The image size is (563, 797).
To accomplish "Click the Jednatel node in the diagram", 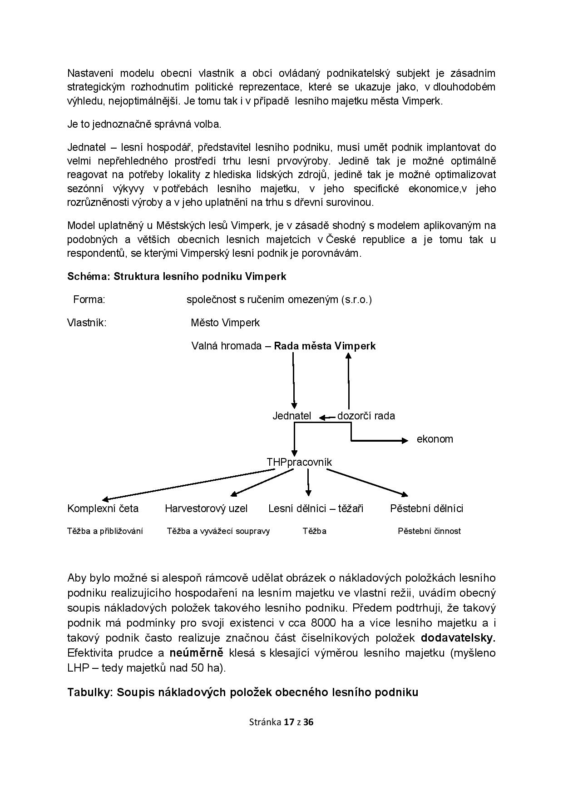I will [291, 416].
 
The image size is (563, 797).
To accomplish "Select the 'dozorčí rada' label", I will [366, 416].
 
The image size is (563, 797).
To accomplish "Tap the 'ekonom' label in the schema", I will [435, 439].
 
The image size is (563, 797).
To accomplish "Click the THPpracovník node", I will [299, 462].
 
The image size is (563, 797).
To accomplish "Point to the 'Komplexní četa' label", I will [103, 508].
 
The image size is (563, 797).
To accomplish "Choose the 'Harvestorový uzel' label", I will [206, 508].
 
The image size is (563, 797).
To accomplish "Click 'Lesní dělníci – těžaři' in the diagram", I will [316, 508].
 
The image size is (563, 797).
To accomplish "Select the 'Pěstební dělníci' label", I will [426, 508].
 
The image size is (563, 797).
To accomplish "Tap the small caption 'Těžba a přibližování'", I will [105, 531].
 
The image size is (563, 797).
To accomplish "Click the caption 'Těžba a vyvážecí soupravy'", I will [218, 531].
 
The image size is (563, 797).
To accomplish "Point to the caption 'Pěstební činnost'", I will [429, 531].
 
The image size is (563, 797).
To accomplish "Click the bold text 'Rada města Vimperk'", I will [325, 346].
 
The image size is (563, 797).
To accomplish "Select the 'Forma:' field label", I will [89, 299].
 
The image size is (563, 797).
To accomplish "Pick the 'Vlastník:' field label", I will [87, 323].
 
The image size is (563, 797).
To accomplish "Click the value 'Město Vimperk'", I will [225, 323].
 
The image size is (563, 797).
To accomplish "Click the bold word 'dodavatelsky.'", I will [458, 638].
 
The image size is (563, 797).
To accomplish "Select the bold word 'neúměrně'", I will [196, 653].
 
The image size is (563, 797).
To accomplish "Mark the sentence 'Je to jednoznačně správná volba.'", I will [144, 124].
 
